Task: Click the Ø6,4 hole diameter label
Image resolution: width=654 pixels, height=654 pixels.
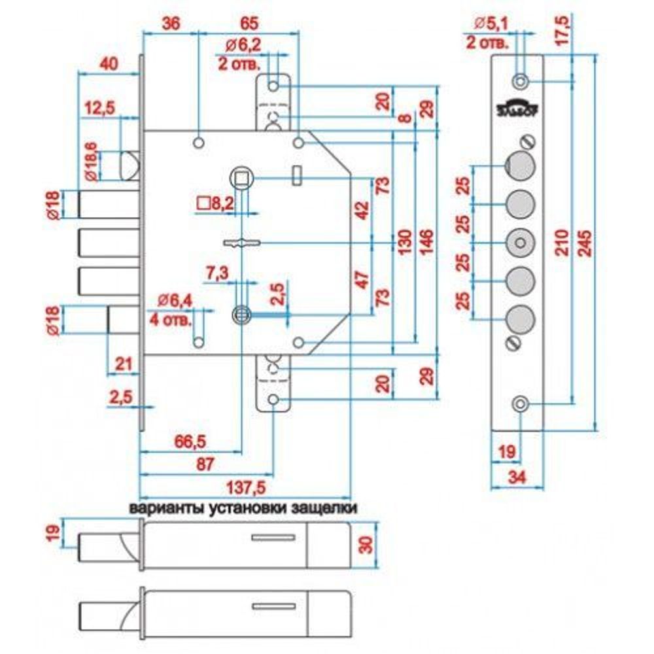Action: [x=175, y=301]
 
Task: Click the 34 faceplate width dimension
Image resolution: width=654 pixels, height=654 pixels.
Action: [x=517, y=477]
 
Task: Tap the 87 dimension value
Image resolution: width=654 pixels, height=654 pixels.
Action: [x=205, y=465]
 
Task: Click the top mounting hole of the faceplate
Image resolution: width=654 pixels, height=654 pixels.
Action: [x=520, y=82]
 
